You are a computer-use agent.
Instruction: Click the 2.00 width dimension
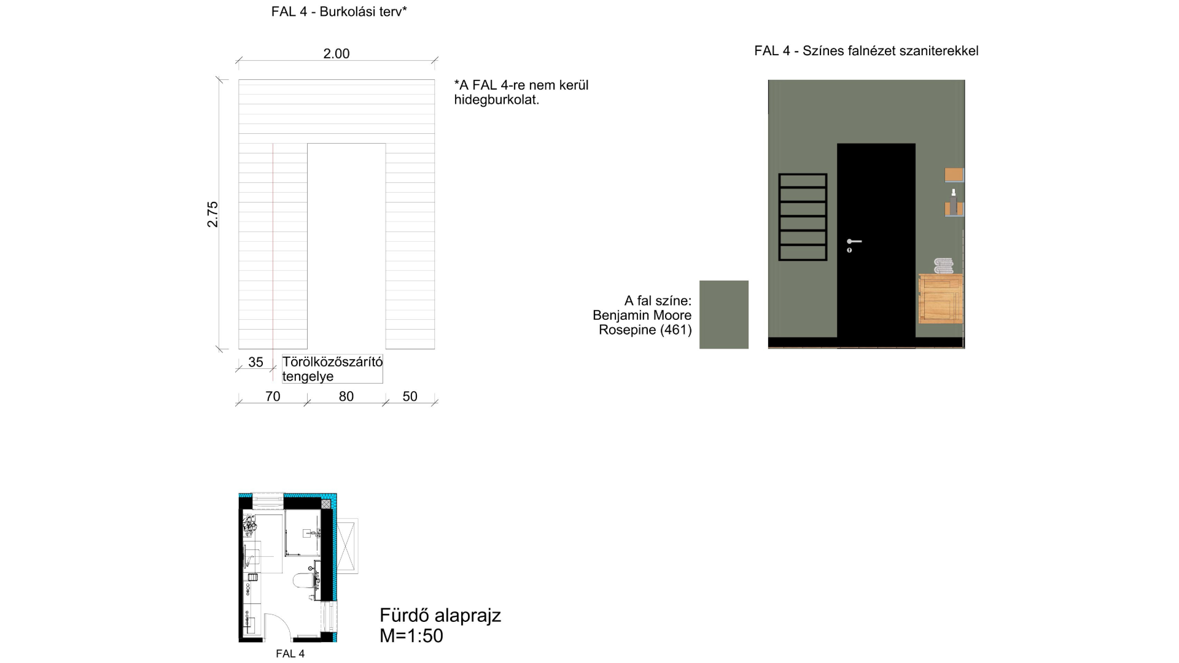(337, 54)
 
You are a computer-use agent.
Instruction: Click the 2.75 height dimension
(212, 214)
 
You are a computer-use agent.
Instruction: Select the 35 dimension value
(255, 362)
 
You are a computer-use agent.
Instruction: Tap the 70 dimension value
(273, 397)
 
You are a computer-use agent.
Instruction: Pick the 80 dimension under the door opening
(346, 397)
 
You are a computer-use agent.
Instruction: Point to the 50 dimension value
(410, 397)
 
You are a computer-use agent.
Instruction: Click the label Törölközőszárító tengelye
(332, 369)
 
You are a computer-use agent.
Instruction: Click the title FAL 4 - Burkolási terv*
(339, 12)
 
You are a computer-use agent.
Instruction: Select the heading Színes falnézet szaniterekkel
(890, 51)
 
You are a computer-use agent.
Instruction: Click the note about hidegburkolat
(521, 92)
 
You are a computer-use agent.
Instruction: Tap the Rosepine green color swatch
(724, 315)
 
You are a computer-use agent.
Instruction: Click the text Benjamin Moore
(642, 316)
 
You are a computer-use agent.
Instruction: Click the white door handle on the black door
(854, 241)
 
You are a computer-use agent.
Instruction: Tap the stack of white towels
(944, 266)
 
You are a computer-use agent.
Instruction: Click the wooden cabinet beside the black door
(941, 299)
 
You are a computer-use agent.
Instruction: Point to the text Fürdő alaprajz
(440, 615)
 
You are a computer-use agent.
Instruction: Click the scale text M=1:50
(411, 636)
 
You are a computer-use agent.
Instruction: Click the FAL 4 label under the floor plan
(290, 654)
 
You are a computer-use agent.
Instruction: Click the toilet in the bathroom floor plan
(304, 580)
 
